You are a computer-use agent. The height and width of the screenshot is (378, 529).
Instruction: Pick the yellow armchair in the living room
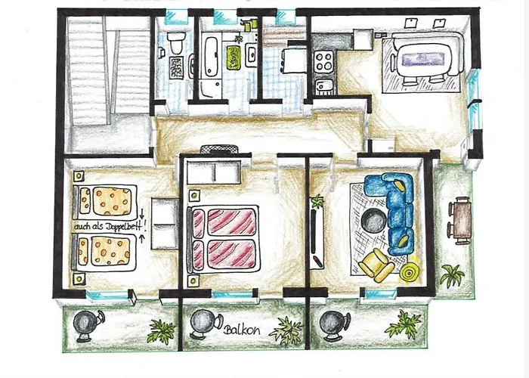pos(376,265)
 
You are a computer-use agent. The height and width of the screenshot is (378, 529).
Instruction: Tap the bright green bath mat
pos(234,54)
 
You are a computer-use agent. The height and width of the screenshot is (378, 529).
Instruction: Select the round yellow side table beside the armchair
pos(410,271)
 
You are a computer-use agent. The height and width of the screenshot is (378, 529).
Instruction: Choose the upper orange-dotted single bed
pos(107,200)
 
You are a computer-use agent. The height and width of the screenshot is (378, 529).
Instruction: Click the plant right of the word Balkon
pos(286,330)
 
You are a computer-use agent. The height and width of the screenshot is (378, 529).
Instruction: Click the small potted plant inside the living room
pos(317,202)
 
